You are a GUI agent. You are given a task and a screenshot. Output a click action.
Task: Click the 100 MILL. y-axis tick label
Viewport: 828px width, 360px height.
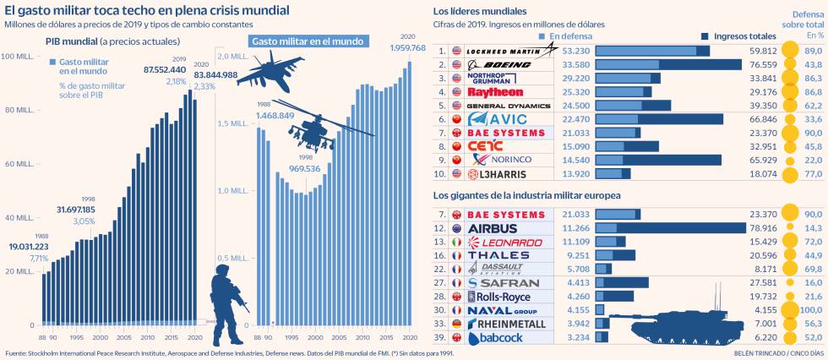tap(18, 56)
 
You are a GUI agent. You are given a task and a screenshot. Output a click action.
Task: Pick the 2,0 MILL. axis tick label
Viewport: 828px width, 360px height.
tap(232, 56)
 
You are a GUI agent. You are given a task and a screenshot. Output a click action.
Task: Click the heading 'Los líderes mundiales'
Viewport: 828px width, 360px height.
tap(479, 12)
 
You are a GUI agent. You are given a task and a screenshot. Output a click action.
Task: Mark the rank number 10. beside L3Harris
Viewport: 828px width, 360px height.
tap(440, 174)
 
